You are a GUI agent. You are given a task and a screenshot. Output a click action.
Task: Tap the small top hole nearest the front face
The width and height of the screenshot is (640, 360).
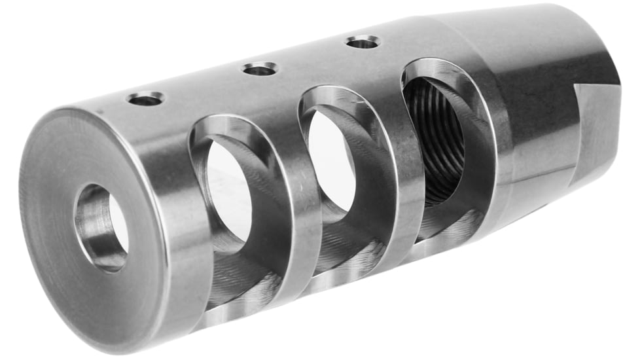coord(145,99)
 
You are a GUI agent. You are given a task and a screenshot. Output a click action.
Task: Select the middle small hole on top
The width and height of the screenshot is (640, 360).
coord(260,69)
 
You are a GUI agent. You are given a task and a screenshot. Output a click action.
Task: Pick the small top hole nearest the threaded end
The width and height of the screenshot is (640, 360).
coord(363,43)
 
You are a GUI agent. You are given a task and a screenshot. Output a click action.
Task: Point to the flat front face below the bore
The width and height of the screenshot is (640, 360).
coord(98,295)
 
